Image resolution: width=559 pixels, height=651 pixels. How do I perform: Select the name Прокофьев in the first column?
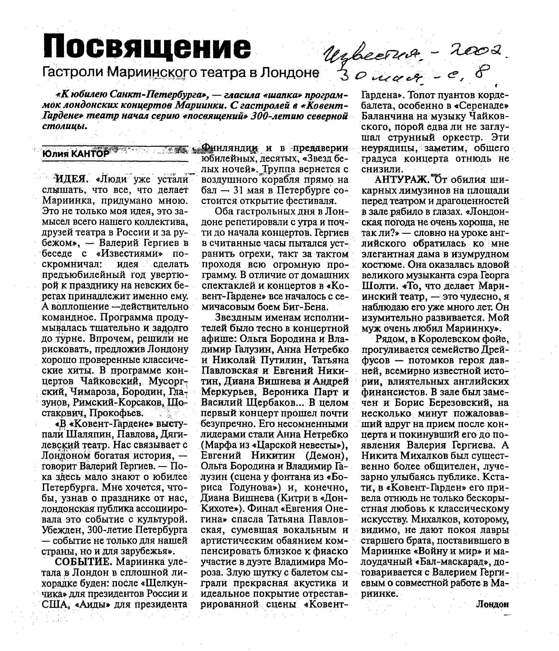[117, 413]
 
